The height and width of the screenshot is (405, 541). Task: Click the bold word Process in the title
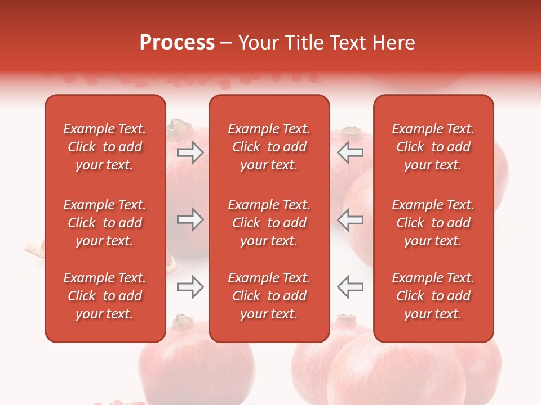(177, 43)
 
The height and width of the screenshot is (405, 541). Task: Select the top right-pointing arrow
(190, 152)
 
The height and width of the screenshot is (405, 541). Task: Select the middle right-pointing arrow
(190, 220)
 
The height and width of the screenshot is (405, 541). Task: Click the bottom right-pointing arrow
(190, 287)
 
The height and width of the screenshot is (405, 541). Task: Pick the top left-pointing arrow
(351, 152)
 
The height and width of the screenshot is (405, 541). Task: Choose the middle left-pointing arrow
(351, 220)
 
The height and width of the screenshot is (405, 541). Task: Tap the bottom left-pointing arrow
(351, 287)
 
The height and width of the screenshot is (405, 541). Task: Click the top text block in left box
(105, 147)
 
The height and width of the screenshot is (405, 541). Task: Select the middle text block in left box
(105, 223)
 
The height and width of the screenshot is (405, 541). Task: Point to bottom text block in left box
(105, 296)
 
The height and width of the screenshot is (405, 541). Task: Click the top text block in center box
(269, 147)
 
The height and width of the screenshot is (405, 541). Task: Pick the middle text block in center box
(269, 223)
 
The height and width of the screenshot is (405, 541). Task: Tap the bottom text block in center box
(269, 296)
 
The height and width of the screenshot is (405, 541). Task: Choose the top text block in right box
(433, 147)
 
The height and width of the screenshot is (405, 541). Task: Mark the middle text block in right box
(433, 223)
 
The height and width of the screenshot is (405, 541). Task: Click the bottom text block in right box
(433, 296)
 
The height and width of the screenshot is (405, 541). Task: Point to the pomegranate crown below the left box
(183, 323)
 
